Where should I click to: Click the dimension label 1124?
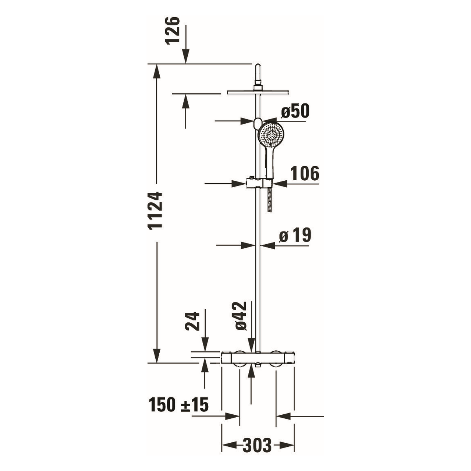156,210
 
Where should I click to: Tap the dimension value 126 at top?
173,30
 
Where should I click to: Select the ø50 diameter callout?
295,111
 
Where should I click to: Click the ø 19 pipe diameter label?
295,235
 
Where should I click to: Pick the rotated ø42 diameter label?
240,316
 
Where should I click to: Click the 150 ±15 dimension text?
179,405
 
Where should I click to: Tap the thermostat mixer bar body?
258,357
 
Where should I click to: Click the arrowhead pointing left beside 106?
280,183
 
